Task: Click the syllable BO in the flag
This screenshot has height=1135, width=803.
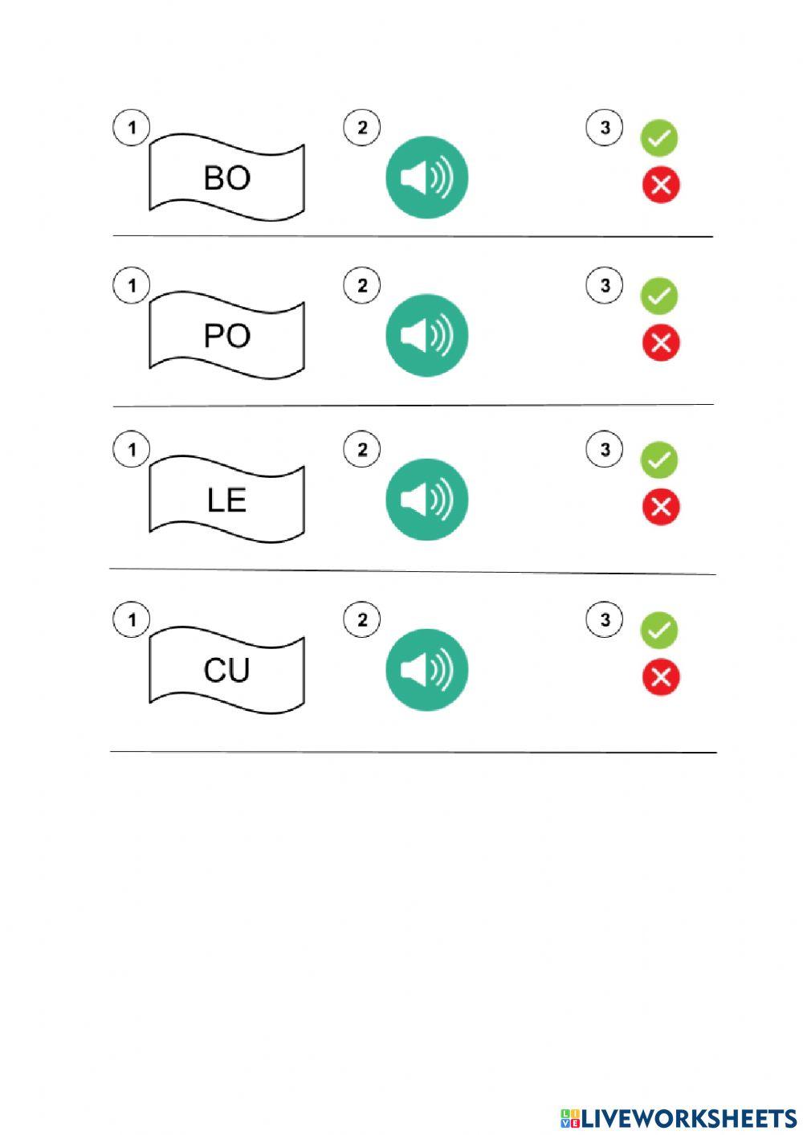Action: (227, 178)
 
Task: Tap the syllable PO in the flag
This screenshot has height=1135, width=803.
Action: (227, 336)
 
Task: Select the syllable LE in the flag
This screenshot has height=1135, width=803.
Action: (226, 500)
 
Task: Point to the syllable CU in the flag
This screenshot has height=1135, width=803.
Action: (226, 670)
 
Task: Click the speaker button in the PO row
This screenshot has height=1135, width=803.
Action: (426, 336)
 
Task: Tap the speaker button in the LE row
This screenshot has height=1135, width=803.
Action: (426, 500)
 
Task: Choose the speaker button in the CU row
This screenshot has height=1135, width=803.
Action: (426, 670)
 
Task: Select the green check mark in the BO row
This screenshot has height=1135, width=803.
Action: (659, 138)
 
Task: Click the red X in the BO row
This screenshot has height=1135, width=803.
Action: (661, 185)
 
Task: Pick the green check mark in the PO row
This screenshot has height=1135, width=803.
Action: (659, 296)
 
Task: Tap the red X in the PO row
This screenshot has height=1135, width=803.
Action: (661, 342)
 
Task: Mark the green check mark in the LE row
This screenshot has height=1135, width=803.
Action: (659, 460)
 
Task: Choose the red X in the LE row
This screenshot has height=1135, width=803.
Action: (661, 507)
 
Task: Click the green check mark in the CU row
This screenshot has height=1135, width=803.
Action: (659, 631)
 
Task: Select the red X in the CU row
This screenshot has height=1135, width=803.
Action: (661, 677)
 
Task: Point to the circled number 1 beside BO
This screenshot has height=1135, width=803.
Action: (131, 128)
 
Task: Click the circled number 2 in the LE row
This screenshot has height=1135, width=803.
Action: (361, 449)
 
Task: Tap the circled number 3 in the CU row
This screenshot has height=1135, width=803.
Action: (605, 619)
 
